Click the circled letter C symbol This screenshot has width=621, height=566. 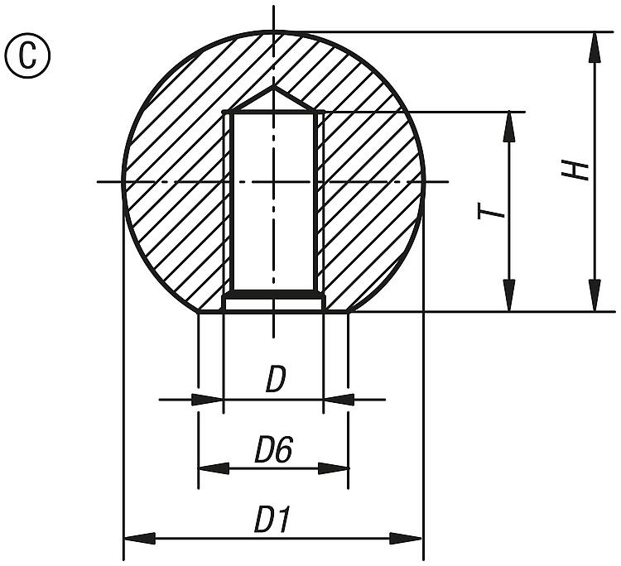[x=27, y=55]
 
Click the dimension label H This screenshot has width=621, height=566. [x=579, y=170]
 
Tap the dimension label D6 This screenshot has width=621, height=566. [x=273, y=451]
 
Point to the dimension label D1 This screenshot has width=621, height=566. [x=273, y=520]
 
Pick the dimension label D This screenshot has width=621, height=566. [x=276, y=381]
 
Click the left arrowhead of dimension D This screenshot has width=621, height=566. [x=210, y=400]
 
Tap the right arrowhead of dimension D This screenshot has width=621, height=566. [x=336, y=400]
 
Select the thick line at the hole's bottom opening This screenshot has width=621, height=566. [x=273, y=294]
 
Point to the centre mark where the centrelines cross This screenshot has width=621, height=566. [x=273, y=181]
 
